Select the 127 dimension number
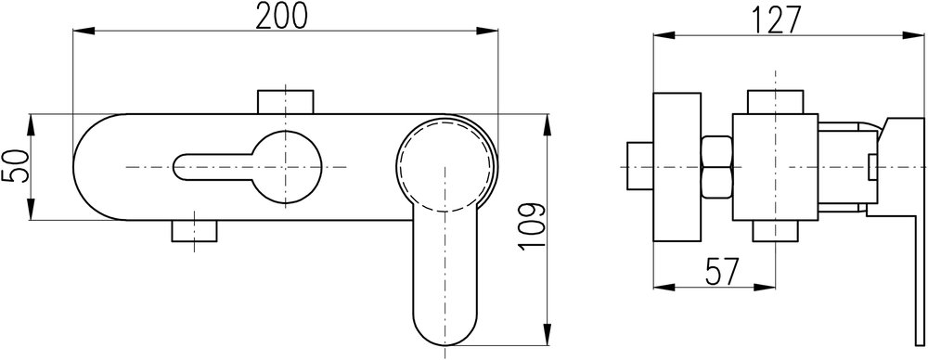tap(777, 20)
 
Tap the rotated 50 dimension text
tap(16, 166)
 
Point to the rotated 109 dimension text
tap(530, 226)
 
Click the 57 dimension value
tap(721, 272)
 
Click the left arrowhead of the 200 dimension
tap(84, 31)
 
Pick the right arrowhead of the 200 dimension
tap(486, 31)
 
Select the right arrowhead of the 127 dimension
tap(916, 35)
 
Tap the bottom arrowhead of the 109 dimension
tap(548, 333)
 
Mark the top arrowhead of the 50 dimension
tap(32, 124)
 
